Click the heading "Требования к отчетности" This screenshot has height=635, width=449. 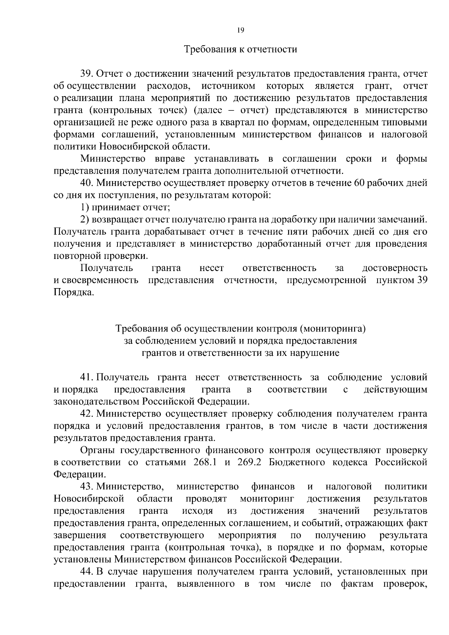pyautogui.click(x=241, y=49)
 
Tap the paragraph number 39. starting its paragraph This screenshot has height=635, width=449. pyautogui.click(x=87, y=74)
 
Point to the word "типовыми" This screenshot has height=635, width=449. pyautogui.click(x=407, y=122)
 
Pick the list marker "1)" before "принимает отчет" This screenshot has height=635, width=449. pyautogui.click(x=85, y=207)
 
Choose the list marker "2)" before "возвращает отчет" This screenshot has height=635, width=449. pyautogui.click(x=85, y=220)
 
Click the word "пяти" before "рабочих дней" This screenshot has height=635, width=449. pyautogui.click(x=295, y=232)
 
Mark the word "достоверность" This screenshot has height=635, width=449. pyautogui.click(x=395, y=268)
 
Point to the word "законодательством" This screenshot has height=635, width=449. pyautogui.click(x=96, y=402)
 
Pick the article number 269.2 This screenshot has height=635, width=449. pyautogui.click(x=249, y=462)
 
